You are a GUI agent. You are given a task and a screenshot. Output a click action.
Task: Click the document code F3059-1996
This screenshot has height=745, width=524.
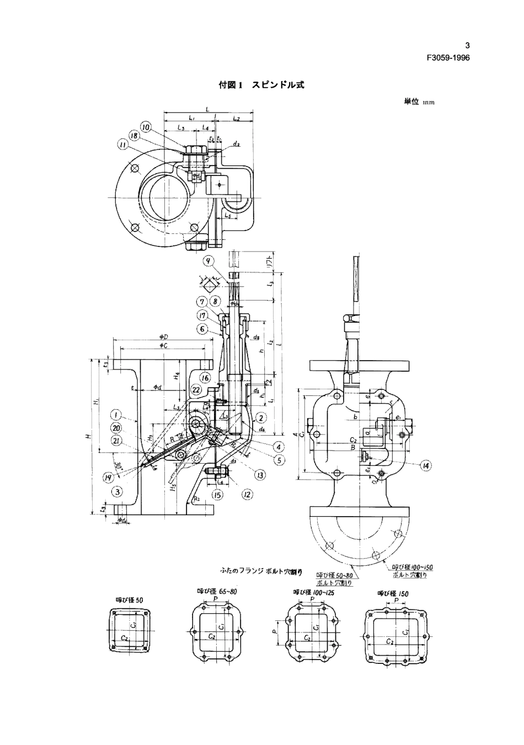pos(447,58)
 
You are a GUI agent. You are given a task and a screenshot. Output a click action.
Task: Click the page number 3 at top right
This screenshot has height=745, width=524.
pos(467,46)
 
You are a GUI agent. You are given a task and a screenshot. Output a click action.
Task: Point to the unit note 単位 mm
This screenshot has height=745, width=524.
pos(419,101)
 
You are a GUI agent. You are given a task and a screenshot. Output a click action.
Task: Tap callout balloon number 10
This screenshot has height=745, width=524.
pos(146,127)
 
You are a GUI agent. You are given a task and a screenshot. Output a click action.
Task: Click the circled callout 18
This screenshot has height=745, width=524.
pos(135,136)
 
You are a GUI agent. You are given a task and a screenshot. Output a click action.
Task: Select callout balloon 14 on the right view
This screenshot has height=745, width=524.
pos(425,465)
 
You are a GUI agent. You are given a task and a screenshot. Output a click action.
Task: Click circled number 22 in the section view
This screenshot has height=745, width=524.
pos(196,389)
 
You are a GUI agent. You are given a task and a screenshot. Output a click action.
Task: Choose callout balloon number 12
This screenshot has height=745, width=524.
pos(247,495)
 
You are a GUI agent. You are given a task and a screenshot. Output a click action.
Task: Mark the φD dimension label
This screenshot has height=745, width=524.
pos(164,336)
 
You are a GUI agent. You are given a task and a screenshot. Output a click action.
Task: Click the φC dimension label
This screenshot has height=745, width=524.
pos(164,345)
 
